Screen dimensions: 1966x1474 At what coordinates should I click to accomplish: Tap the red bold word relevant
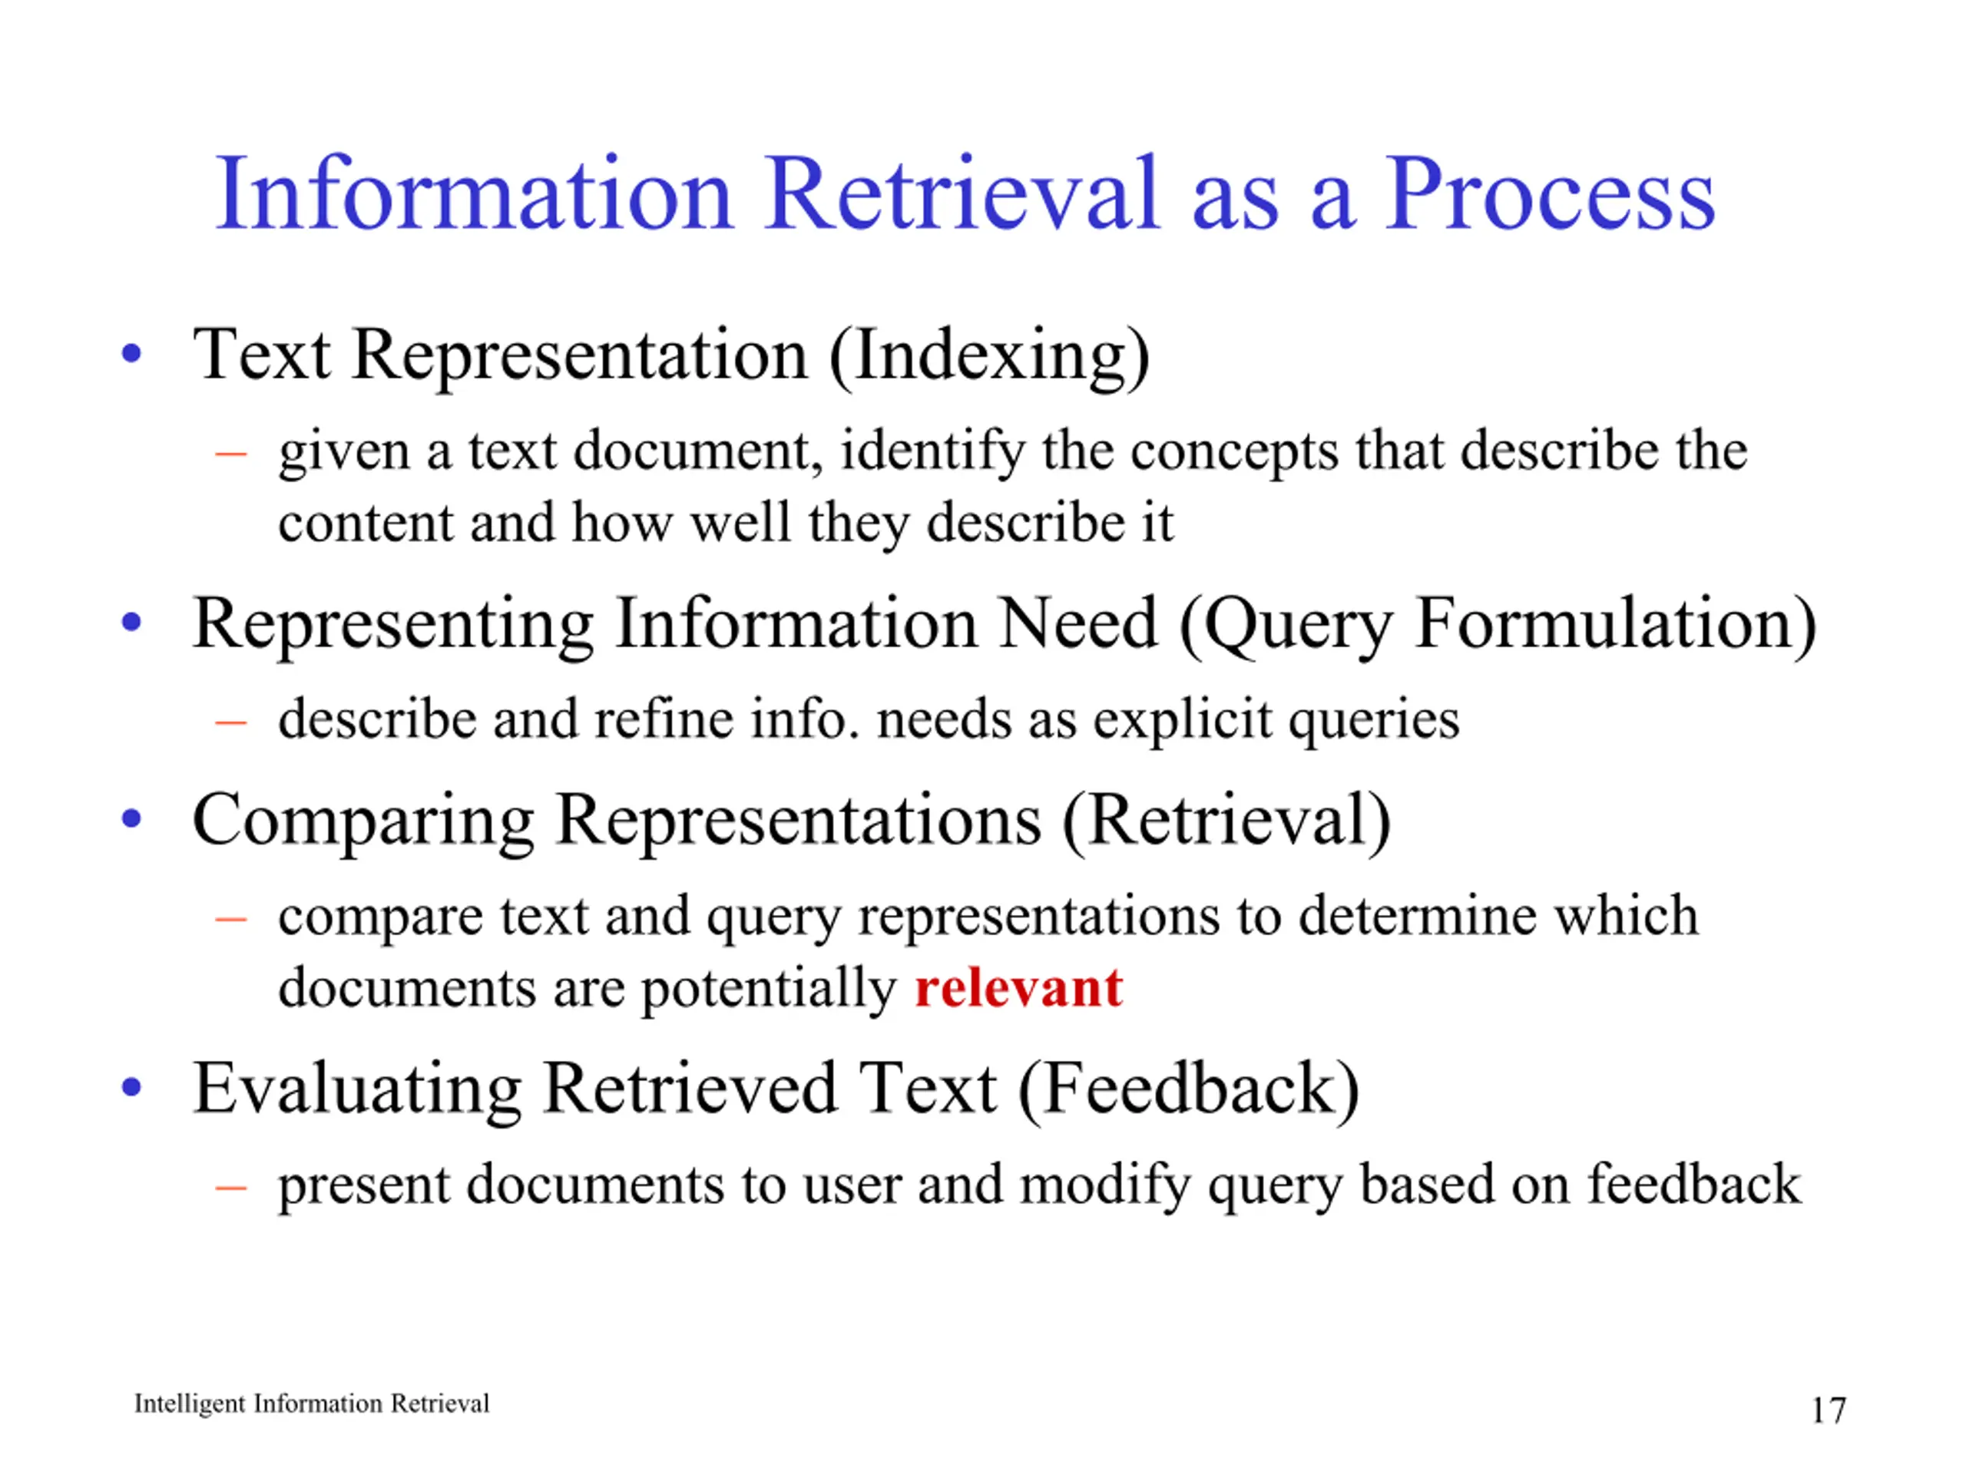(1018, 987)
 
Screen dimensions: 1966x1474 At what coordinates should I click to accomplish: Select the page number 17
(1829, 1410)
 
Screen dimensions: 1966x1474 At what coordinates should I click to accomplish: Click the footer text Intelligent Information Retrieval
(311, 1404)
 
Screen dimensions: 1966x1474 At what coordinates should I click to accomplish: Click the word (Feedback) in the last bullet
(1188, 1090)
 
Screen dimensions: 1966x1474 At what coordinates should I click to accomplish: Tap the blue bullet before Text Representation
(131, 354)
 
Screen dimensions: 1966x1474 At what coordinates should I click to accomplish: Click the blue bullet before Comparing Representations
(131, 818)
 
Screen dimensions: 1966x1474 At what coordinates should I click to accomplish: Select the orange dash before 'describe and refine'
(230, 722)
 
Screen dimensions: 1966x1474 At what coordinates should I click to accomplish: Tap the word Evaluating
(357, 1090)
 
